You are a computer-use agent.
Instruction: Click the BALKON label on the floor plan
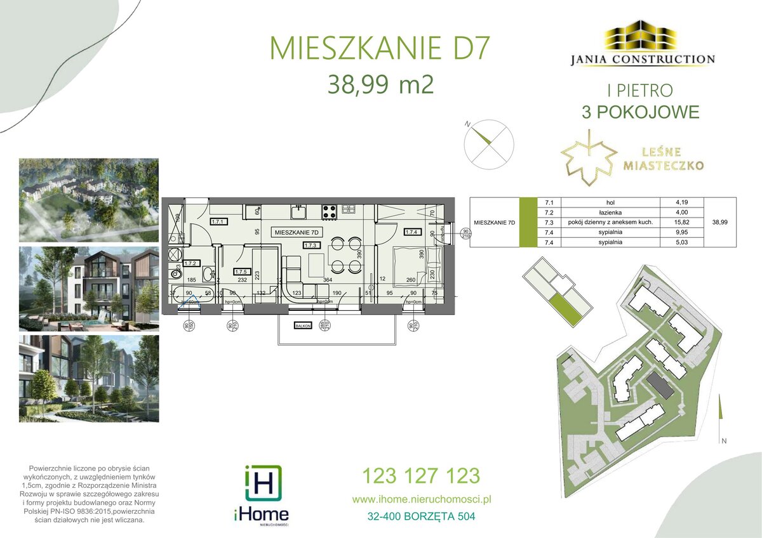[301, 325]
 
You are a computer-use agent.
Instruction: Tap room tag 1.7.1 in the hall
[218, 222]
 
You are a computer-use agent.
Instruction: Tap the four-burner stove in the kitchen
[330, 209]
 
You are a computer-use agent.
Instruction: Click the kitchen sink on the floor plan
[298, 209]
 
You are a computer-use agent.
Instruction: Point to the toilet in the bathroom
[176, 275]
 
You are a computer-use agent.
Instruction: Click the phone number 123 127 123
[420, 475]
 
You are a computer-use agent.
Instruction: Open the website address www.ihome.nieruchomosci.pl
[422, 499]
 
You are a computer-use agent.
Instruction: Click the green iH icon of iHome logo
[263, 483]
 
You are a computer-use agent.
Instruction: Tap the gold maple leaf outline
[589, 159]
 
